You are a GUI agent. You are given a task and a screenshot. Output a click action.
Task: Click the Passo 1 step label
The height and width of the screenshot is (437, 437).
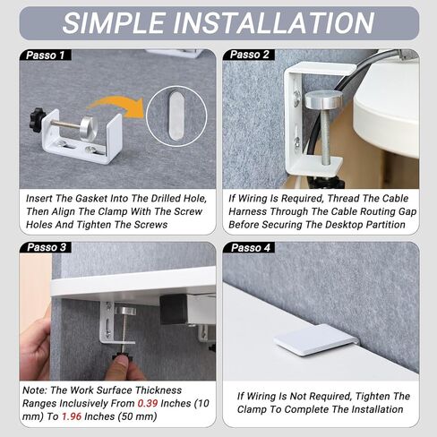pyautogui.click(x=46, y=56)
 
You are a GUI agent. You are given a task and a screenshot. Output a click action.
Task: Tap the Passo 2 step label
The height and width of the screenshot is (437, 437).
pyautogui.click(x=250, y=55)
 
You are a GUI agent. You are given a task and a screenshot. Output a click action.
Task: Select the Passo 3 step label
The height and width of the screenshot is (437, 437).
pyautogui.click(x=47, y=247)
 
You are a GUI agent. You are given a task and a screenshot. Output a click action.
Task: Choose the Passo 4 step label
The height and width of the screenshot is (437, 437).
pyautogui.click(x=250, y=247)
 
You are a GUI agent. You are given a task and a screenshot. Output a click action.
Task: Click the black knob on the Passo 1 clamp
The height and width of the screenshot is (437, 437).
pyautogui.click(x=37, y=117)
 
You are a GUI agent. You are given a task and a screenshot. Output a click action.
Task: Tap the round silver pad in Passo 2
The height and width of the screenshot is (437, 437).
pyautogui.click(x=324, y=100)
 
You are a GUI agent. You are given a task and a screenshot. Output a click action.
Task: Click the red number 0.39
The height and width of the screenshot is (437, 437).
pyautogui.click(x=148, y=403)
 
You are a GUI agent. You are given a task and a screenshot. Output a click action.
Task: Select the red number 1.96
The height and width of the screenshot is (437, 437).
pyautogui.click(x=72, y=416)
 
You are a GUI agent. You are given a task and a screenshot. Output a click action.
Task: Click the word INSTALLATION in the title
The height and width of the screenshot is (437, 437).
pyautogui.click(x=273, y=23)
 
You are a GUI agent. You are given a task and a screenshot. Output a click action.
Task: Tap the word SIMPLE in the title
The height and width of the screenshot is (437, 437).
pyautogui.click(x=114, y=23)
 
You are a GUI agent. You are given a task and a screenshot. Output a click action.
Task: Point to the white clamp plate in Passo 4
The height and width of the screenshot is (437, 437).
pyautogui.click(x=314, y=339)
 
